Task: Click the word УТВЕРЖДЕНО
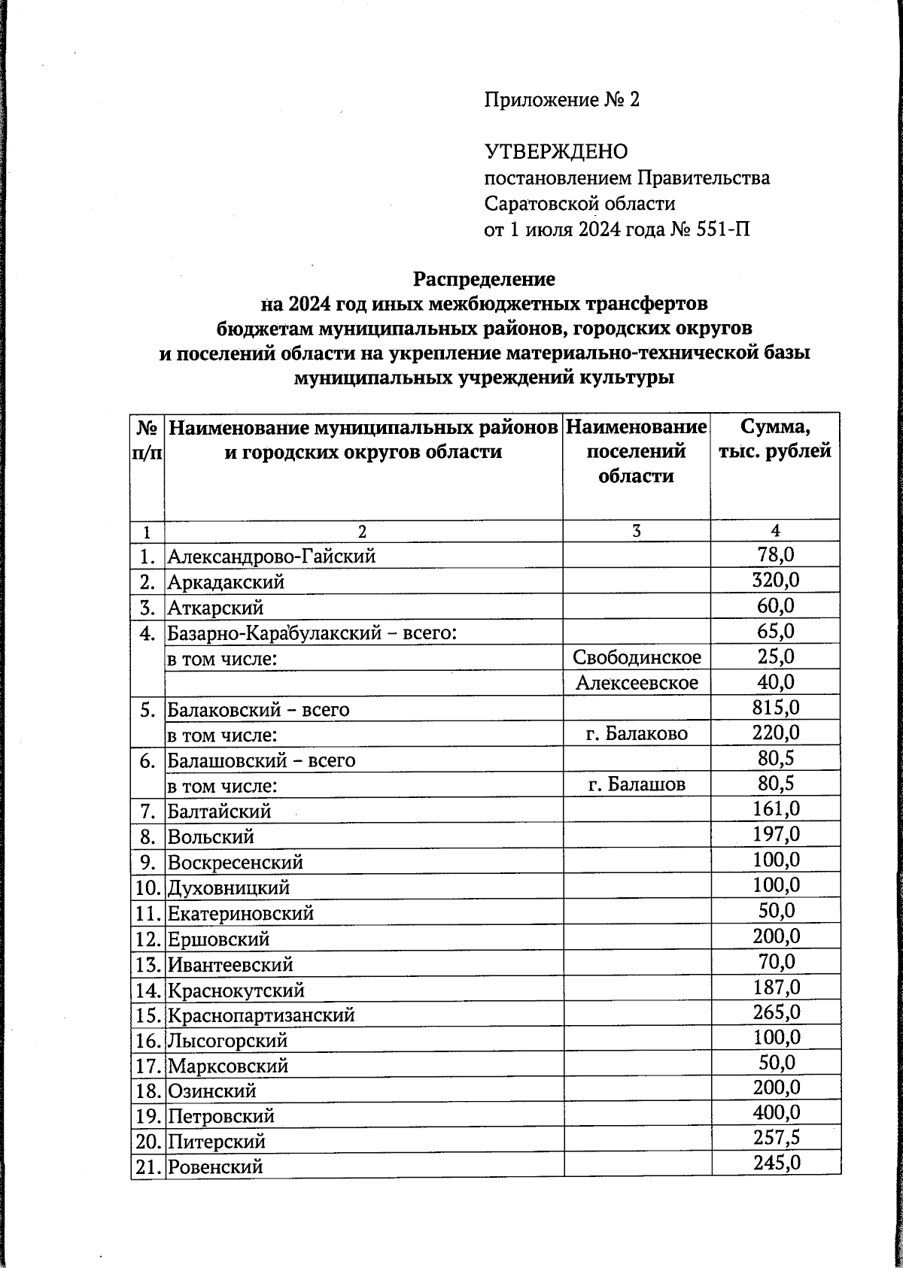coord(555,153)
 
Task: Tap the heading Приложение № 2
coord(561,100)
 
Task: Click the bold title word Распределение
coord(484,279)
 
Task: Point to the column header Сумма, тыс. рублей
coord(775,439)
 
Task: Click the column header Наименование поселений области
coord(636,451)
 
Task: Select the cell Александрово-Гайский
coord(271,557)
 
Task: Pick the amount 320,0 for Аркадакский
coord(775,581)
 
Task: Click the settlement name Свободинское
coord(637,657)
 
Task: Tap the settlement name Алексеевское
coord(637,683)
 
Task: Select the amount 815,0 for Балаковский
coord(775,708)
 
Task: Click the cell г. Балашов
coord(637,785)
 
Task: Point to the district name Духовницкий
coord(229,888)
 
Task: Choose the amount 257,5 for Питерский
coord(776,1139)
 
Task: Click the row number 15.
coord(147,1015)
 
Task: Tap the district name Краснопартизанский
coord(260,1015)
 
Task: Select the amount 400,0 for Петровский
coord(776,1113)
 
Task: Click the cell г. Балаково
coord(637,734)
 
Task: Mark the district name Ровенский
coord(215,1167)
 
